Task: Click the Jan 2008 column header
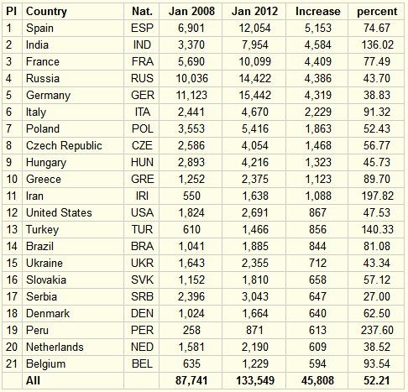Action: (x=191, y=12)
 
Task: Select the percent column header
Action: (x=377, y=12)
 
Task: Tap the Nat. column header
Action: (x=142, y=12)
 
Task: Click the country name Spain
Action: (x=39, y=29)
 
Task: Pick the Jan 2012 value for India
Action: (x=255, y=45)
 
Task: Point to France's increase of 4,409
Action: (x=318, y=62)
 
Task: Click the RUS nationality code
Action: (x=142, y=78)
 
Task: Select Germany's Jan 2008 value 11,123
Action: (x=191, y=96)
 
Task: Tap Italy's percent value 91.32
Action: (x=377, y=112)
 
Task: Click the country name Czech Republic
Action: (x=64, y=146)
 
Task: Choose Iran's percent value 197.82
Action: (x=377, y=196)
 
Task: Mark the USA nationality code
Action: (x=142, y=212)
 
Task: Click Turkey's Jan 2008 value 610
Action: (x=191, y=229)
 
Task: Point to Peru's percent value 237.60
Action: (x=377, y=330)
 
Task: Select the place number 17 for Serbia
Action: (x=12, y=296)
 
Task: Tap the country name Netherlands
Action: (x=55, y=347)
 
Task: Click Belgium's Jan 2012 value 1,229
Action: (x=255, y=364)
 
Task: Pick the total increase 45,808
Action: (x=317, y=381)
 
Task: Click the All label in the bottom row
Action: (x=33, y=380)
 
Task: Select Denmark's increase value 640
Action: (x=317, y=313)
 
